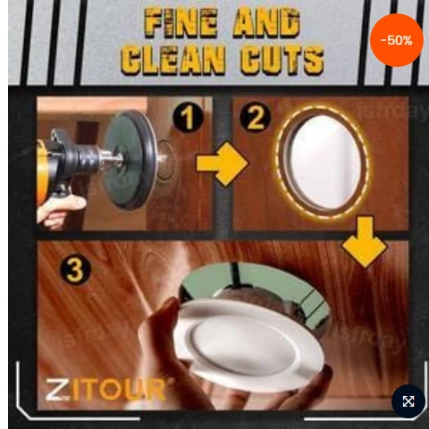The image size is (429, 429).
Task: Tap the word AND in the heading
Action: tap(266, 23)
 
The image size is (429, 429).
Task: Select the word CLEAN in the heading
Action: tap(173, 60)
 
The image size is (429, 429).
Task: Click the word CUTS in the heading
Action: tap(282, 60)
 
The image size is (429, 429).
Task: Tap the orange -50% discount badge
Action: tap(397, 40)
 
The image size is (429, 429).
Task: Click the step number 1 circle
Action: tap(188, 118)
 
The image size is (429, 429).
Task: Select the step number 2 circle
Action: tap(256, 117)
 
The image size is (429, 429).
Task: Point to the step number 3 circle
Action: tap(76, 270)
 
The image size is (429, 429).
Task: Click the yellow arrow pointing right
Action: tap(223, 164)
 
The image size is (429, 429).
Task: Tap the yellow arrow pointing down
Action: tap(365, 242)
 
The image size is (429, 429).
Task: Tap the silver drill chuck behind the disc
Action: tap(112, 159)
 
